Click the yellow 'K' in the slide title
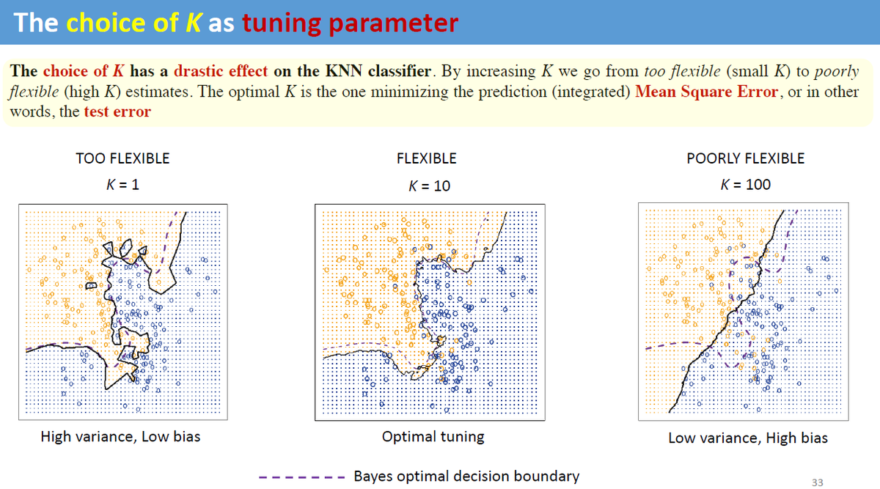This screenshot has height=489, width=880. coord(192,23)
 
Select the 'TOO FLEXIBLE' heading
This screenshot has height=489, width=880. coord(122,158)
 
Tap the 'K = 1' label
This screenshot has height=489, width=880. coord(122,184)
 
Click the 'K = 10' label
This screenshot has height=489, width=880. coord(429,186)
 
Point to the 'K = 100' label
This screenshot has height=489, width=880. coord(745,185)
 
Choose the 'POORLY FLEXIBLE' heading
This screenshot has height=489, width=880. coord(745,158)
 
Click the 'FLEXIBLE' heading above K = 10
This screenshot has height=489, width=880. coord(426,158)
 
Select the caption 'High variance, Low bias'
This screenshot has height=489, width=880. coord(120,437)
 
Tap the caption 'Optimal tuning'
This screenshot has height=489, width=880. coord(433,437)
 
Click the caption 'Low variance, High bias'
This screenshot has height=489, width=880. coord(747,438)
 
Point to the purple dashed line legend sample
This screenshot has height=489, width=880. coord(301,477)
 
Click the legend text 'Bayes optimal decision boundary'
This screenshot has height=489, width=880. coord(466,477)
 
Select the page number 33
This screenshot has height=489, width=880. coord(818,482)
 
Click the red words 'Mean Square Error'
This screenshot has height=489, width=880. coord(707,92)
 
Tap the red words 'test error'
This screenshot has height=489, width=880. coord(117,112)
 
